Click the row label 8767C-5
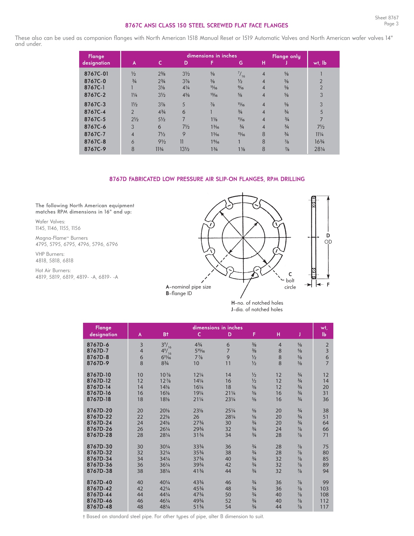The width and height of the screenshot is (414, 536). (95, 119)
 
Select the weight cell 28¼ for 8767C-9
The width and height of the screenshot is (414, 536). (319, 149)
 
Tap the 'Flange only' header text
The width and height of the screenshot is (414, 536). (286, 56)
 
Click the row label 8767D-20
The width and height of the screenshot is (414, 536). (99, 411)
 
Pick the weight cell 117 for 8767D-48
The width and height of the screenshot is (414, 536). (324, 507)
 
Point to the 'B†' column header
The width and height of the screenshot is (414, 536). (166, 334)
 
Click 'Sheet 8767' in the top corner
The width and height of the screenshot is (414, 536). (386, 18)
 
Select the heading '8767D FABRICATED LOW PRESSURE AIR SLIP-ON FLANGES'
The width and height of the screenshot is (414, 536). (207, 179)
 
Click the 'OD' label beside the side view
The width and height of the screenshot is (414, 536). (328, 242)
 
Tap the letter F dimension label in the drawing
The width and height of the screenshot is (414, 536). (328, 285)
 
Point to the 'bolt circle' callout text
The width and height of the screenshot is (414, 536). (290, 284)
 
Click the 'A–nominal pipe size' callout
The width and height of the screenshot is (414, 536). (188, 287)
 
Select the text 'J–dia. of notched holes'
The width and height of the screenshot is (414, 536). (257, 309)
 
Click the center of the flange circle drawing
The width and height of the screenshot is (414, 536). (243, 237)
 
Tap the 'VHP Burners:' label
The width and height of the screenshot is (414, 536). (50, 254)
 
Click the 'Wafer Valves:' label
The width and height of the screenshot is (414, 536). (50, 222)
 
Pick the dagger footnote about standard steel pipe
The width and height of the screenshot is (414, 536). (173, 517)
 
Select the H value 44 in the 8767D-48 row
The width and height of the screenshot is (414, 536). (278, 507)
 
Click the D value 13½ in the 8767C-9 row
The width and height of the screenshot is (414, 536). (185, 149)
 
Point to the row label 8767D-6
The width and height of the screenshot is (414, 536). (98, 345)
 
